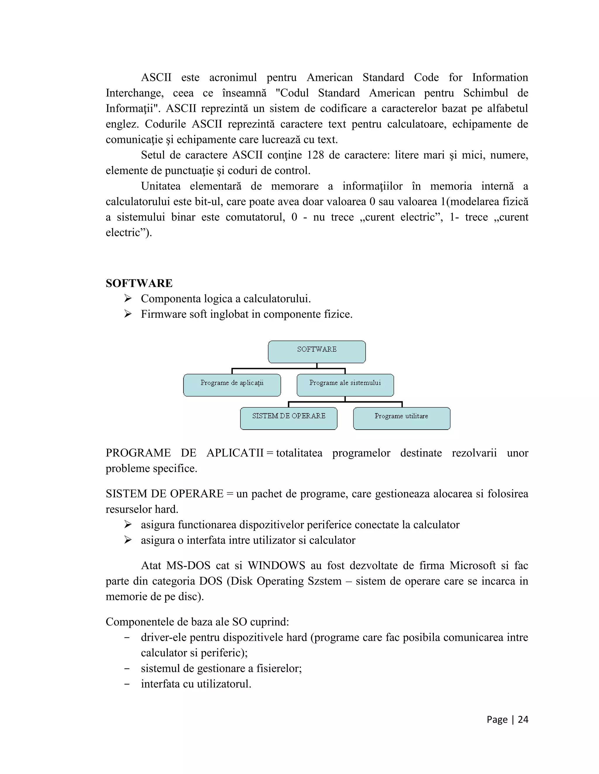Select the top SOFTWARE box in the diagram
[316, 352]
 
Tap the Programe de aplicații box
[232, 385]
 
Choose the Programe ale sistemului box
[345, 385]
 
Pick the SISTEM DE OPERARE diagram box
[288, 418]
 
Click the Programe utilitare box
[401, 418]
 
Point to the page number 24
[523, 719]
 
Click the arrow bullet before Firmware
[128, 314]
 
